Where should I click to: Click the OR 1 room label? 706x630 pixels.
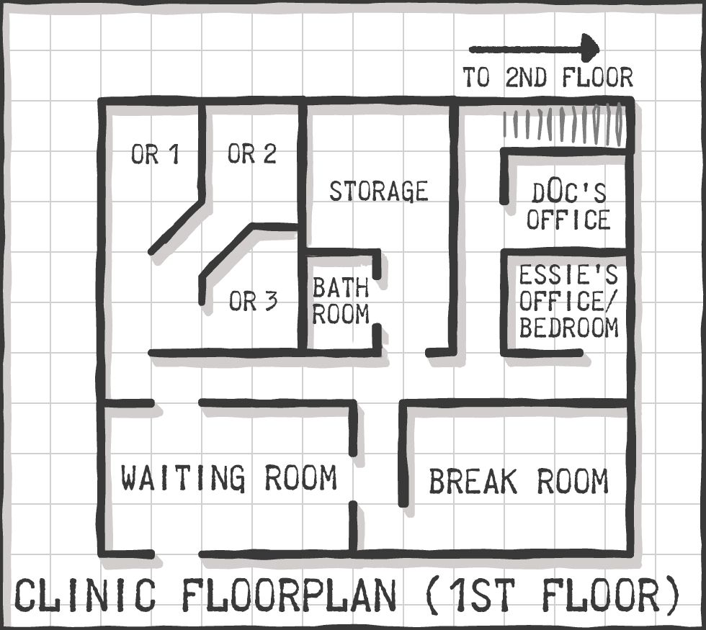tap(156, 154)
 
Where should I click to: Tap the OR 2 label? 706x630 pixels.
tap(251, 153)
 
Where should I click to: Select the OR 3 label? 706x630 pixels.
tap(253, 301)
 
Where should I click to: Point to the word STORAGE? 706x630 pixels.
tap(379, 192)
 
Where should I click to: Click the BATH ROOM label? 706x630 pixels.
tap(341, 301)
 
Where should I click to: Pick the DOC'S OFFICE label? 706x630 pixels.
tap(568, 207)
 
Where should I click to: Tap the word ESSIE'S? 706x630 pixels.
tap(568, 275)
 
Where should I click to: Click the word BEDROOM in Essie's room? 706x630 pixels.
tap(569, 328)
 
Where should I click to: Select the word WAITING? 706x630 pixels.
tap(183, 478)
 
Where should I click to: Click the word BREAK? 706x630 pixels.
tap(473, 481)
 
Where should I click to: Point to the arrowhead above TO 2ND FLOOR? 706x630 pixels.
tap(590, 48)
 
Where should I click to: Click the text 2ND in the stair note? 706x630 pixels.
tap(526, 77)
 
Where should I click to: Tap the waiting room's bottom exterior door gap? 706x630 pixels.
tap(176, 554)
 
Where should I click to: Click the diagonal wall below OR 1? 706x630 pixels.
tap(176, 226)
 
